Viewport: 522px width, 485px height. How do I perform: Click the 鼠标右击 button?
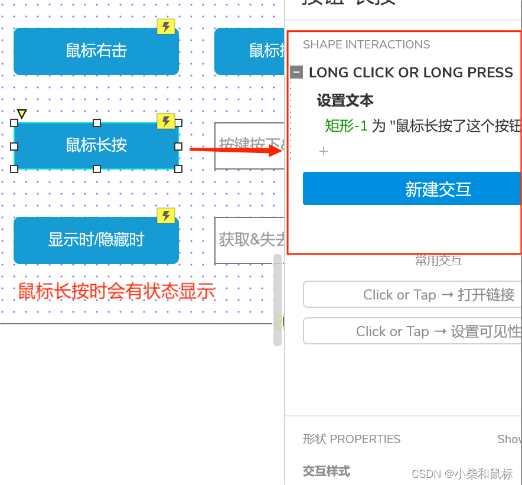(96, 51)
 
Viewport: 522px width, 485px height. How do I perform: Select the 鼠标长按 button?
(96, 145)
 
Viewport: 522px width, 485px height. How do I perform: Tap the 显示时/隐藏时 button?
(96, 240)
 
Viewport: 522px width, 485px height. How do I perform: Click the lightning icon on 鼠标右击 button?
(166, 27)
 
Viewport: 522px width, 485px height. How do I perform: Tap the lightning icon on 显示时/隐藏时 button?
(166, 216)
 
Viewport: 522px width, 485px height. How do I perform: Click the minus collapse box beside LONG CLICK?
(297, 73)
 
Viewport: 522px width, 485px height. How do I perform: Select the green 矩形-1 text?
(346, 126)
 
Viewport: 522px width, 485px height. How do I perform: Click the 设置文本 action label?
(345, 100)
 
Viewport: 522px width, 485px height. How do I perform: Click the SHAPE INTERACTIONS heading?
(366, 45)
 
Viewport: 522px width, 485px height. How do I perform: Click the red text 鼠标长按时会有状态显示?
(116, 291)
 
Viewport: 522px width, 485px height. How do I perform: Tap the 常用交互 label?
(438, 261)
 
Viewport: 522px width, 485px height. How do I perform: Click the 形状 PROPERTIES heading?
(351, 439)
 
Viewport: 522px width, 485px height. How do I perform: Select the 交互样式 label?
(326, 471)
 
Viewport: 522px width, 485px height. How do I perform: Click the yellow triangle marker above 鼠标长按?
(22, 113)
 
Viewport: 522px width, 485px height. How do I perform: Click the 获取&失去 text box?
(249, 240)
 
